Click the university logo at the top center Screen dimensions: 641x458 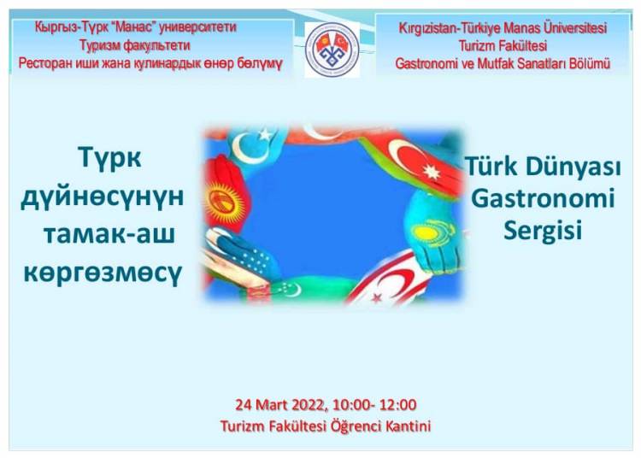click(x=332, y=50)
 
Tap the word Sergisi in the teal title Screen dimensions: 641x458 click(x=543, y=231)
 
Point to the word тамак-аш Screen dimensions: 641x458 click(x=109, y=234)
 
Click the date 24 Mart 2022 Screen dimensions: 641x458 click(x=281, y=405)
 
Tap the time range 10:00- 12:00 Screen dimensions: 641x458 click(x=374, y=405)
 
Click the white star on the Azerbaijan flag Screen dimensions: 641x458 click(x=432, y=172)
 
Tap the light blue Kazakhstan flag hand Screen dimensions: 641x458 click(x=433, y=234)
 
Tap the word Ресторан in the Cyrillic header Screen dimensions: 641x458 click(x=44, y=64)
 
